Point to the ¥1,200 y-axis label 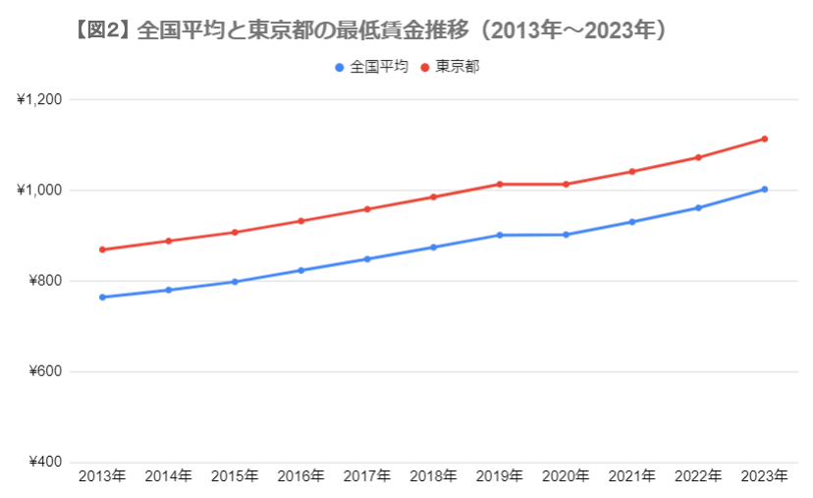[40, 99]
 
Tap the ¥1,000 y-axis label [40, 190]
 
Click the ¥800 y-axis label [44, 281]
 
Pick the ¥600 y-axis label [44, 371]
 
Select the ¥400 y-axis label [44, 463]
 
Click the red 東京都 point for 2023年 [764, 138]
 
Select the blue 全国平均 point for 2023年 [764, 189]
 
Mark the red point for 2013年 [102, 249]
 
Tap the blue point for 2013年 [102, 297]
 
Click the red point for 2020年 [566, 184]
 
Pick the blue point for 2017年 [367, 259]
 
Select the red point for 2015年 [235, 232]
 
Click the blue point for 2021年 [632, 222]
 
